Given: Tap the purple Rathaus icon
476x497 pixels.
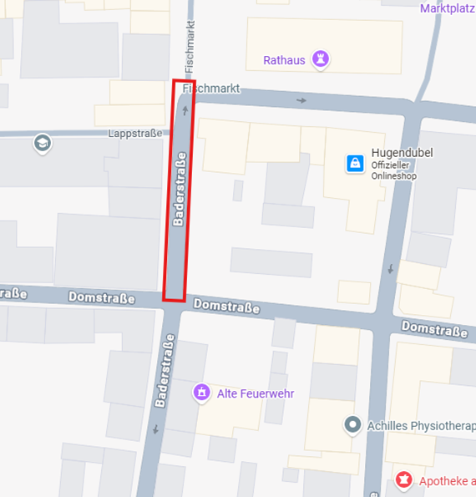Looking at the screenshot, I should (320, 59).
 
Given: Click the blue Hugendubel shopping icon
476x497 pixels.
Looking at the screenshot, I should (355, 163).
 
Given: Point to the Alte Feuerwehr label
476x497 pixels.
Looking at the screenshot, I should (255, 393).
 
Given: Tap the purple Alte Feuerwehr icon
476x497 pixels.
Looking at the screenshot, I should (201, 391).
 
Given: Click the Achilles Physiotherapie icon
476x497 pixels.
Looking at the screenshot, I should (353, 425).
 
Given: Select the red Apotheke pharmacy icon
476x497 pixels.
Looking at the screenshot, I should (403, 480).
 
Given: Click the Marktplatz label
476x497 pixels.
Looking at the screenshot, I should (448, 8).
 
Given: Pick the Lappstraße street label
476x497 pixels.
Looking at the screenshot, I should (133, 133).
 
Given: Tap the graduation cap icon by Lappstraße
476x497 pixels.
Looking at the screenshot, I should (41, 144).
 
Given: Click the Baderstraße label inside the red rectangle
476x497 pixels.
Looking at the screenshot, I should (178, 189).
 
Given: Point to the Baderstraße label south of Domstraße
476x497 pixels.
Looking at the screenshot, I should (165, 371).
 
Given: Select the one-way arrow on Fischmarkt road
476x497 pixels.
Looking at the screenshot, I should (301, 100).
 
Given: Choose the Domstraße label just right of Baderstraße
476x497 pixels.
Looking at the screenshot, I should (226, 306).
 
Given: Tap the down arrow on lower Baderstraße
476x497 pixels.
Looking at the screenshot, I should (155, 429).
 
